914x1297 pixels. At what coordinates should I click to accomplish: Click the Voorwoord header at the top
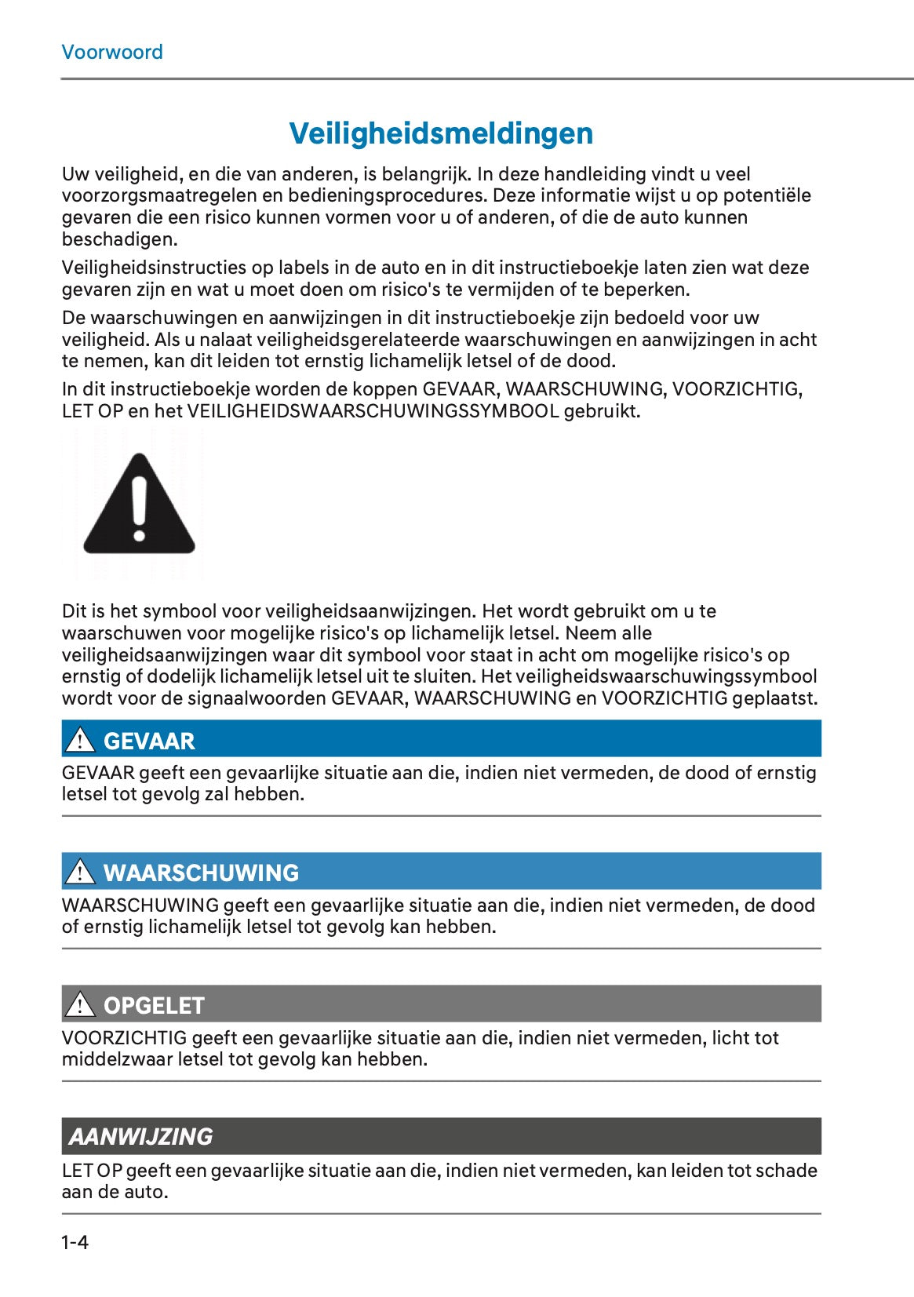click(x=112, y=53)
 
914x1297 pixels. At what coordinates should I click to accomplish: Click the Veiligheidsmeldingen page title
click(x=441, y=133)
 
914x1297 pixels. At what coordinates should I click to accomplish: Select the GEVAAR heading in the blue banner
click(x=149, y=741)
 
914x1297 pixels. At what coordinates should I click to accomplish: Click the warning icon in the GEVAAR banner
click(x=80, y=740)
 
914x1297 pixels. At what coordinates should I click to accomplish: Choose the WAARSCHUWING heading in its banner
click(x=201, y=873)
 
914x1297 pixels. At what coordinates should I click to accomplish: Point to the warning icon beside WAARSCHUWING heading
click(x=80, y=872)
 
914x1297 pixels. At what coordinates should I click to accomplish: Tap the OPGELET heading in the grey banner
click(x=154, y=1005)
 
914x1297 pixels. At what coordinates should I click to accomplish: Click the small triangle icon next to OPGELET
click(x=80, y=1004)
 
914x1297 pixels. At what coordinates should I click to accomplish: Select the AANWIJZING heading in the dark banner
click(x=141, y=1136)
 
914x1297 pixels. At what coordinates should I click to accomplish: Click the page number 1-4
click(x=75, y=1242)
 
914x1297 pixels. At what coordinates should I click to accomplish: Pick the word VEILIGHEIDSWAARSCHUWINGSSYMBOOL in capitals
click(x=373, y=411)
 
